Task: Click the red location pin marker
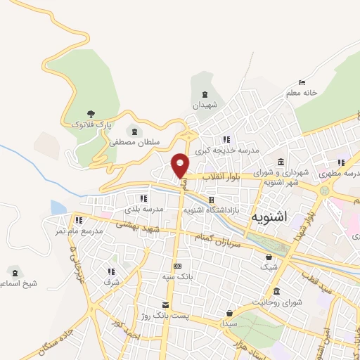pyautogui.click(x=181, y=165)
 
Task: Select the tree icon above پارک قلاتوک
pyautogui.click(x=89, y=114)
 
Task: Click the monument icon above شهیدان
pyautogui.click(x=205, y=95)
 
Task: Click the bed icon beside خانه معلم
pyautogui.click(x=302, y=82)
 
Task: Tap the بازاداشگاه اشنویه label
pyautogui.click(x=212, y=210)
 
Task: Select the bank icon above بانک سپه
pyautogui.click(x=177, y=266)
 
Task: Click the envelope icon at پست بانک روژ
pyautogui.click(x=165, y=304)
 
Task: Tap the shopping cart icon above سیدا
pyautogui.click(x=229, y=313)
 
